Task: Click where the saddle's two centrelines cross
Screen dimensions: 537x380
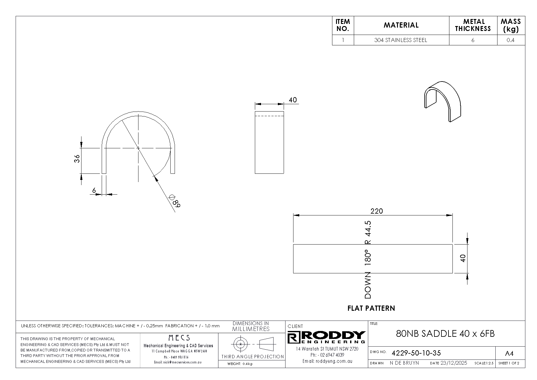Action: (x=138, y=148)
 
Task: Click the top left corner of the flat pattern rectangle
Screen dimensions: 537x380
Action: (x=293, y=245)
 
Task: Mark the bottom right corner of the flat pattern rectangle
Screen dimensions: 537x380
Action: (x=452, y=273)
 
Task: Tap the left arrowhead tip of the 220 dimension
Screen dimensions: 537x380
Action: (x=293, y=215)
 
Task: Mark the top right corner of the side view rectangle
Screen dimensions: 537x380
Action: (x=284, y=111)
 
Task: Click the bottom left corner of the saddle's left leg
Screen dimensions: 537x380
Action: (x=102, y=173)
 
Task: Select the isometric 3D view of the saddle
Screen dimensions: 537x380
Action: (x=442, y=101)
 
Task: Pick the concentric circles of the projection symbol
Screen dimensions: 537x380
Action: (x=241, y=344)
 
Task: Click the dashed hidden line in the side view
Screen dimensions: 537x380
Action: (x=269, y=116)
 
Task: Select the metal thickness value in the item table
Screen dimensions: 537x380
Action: (x=473, y=40)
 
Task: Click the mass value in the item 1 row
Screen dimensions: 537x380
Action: (x=510, y=40)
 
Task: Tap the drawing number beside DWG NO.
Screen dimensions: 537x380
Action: (x=416, y=353)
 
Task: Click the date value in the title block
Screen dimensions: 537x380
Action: (x=454, y=363)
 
